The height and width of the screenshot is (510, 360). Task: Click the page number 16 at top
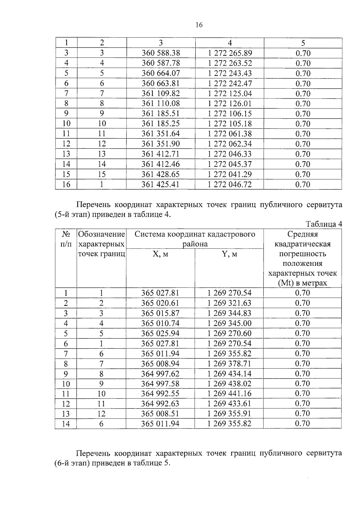[199, 25]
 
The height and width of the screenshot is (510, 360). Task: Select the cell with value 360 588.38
[161, 53]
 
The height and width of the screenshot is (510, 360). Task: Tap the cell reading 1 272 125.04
[230, 94]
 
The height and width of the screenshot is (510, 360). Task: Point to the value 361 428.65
[161, 174]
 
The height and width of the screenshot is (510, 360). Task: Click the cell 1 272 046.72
[230, 184]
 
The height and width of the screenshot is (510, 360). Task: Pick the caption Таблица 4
[324, 224]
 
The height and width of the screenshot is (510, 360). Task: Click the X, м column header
[160, 254]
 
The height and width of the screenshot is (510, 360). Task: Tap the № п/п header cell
[66, 239]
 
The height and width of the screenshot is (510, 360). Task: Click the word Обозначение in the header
[101, 234]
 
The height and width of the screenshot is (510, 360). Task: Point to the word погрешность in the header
[302, 254]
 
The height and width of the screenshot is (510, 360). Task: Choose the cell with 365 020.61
[160, 303]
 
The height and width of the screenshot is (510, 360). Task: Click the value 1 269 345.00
[229, 323]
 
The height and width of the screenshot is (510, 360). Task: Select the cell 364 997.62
[160, 374]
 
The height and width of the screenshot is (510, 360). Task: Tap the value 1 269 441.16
[229, 394]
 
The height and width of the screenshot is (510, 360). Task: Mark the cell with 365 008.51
[160, 414]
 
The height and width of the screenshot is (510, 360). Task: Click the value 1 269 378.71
[229, 364]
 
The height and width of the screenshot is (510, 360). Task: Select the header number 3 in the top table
[161, 43]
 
